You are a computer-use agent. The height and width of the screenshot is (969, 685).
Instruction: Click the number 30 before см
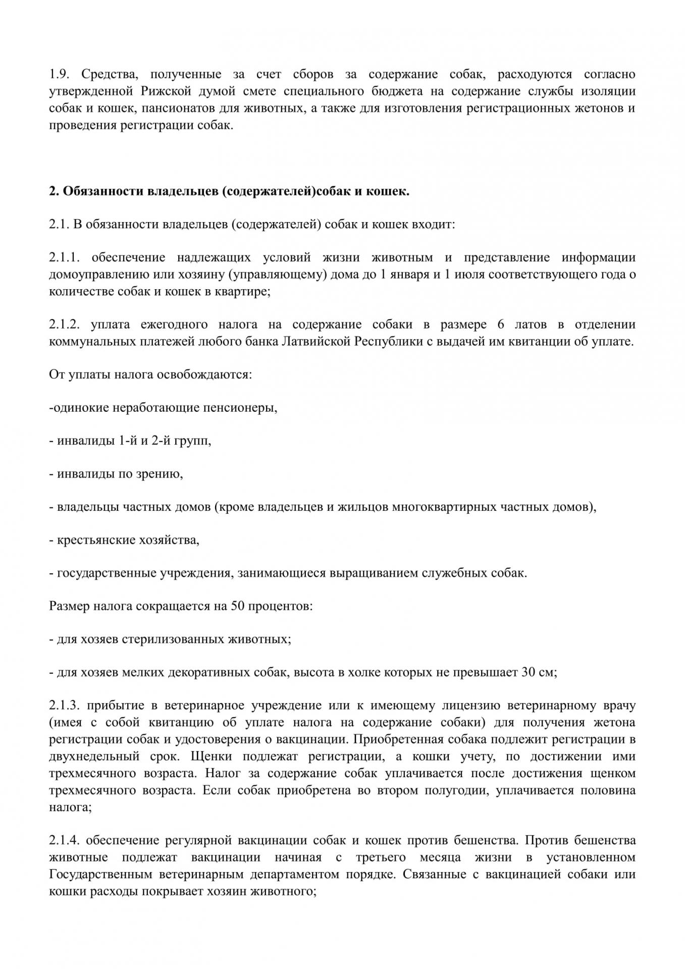click(x=528, y=672)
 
